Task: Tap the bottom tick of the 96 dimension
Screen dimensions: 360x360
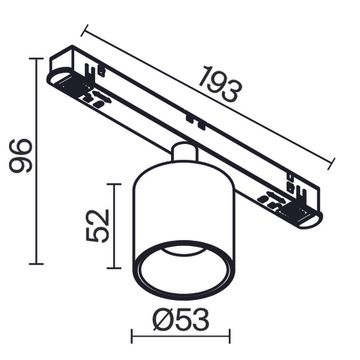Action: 39,265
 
